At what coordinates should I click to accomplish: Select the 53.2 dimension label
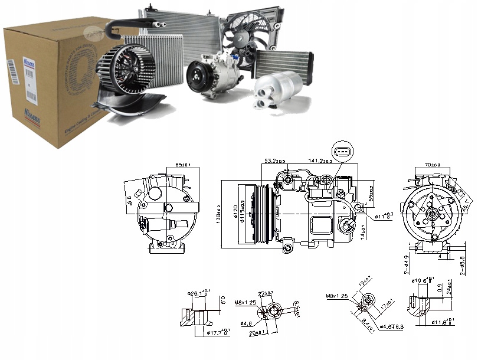click(275, 161)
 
